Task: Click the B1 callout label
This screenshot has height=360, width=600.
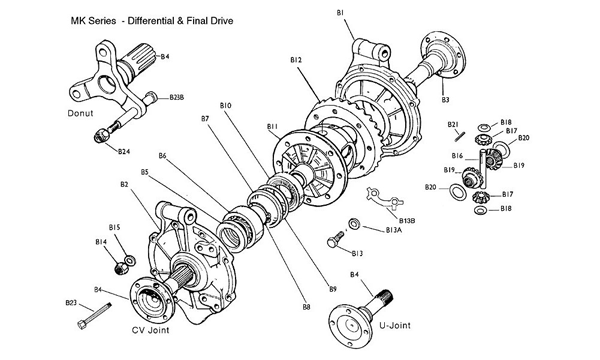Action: [340, 13]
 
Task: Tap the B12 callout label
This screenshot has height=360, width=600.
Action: [296, 60]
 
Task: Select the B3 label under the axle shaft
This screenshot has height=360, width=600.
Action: [445, 99]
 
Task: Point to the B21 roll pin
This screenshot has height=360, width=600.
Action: [460, 136]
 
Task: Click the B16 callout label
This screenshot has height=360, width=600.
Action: [457, 156]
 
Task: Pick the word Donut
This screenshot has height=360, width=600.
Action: [80, 113]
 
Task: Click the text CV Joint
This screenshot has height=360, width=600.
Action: [150, 330]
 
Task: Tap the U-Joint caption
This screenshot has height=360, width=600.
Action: [395, 325]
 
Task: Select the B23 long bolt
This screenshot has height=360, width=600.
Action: [95, 316]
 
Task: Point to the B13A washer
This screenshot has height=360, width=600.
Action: [354, 224]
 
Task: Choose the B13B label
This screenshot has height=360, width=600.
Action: [407, 221]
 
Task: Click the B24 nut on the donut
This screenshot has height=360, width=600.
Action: [101, 135]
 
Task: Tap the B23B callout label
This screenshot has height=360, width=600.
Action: [177, 98]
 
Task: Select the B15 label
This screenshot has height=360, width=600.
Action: [114, 228]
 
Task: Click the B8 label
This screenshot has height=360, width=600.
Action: [306, 306]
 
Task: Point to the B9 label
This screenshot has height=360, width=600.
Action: [333, 289]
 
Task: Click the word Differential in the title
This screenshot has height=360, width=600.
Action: [151, 21]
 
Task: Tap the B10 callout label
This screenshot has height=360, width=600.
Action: [225, 105]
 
